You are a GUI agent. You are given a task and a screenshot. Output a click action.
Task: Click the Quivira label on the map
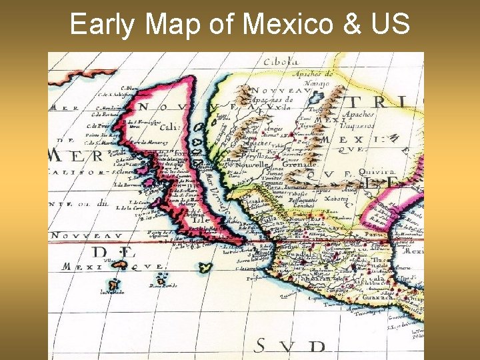pos(378,171)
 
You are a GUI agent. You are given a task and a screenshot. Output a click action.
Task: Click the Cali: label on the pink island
pos(170,127)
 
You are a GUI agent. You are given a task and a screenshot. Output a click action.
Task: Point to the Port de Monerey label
pos(147,143)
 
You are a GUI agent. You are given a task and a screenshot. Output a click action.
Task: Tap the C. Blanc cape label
pos(130,88)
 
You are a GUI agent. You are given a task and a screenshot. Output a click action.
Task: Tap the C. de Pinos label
pos(99,126)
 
